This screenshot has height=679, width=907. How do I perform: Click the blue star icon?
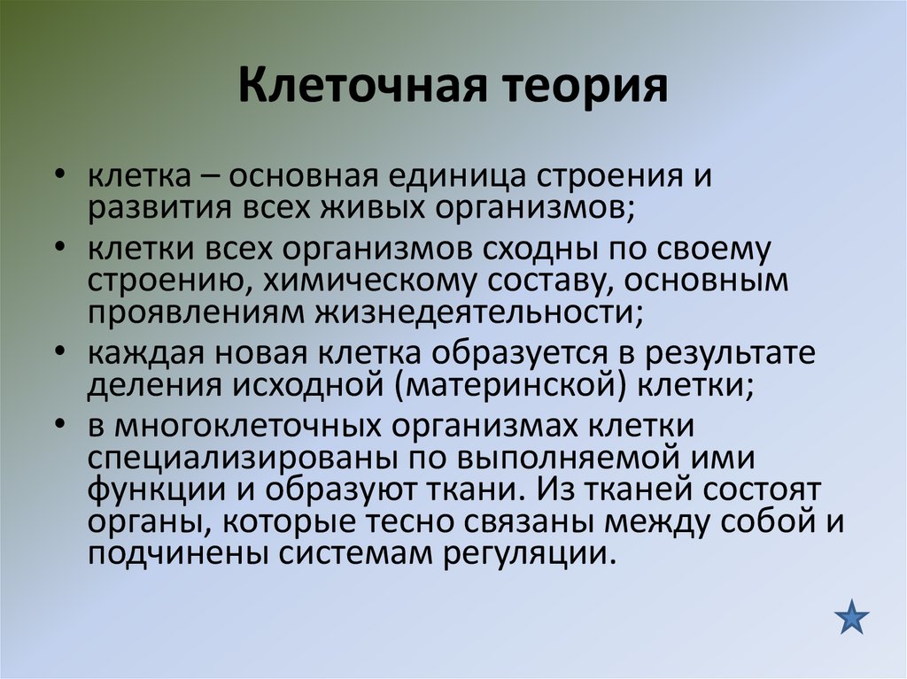[852, 616]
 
